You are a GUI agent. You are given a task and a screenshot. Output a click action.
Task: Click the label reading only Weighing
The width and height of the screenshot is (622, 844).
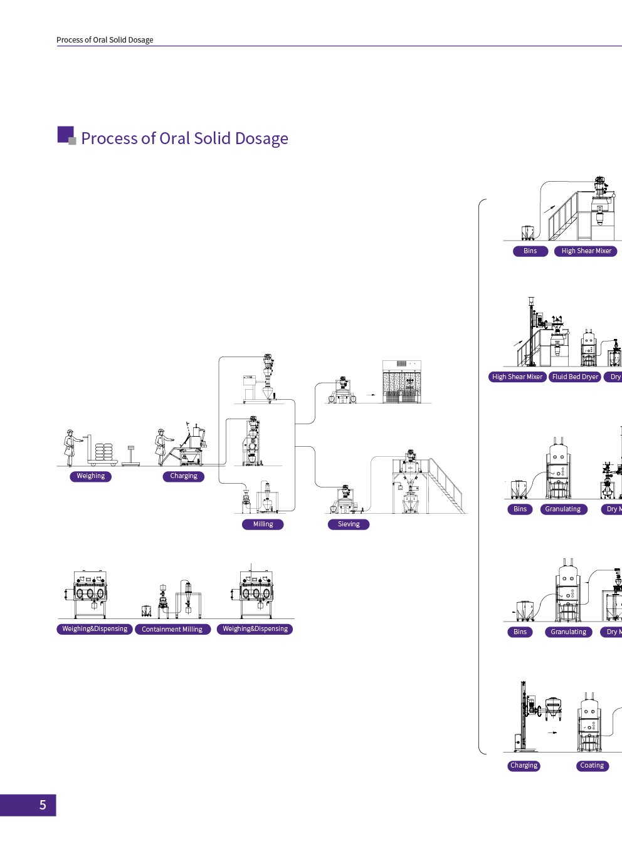tap(91, 476)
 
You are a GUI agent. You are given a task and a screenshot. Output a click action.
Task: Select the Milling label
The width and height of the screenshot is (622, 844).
tap(263, 524)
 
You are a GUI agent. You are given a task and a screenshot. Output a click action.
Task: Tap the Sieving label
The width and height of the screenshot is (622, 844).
tap(349, 524)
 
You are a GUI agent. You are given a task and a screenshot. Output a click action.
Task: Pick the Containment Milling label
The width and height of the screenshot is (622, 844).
tap(172, 630)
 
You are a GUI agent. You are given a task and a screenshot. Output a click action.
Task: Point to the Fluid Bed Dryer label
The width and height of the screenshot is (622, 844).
tap(575, 377)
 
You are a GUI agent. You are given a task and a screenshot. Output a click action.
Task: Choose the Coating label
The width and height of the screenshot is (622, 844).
tap(592, 766)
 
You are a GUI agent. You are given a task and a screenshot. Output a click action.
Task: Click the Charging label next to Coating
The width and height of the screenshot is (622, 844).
tap(524, 766)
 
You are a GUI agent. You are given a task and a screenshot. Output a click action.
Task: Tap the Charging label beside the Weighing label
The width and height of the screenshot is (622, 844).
tap(184, 476)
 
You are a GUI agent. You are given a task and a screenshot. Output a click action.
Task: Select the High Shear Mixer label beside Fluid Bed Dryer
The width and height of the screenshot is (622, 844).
tap(517, 377)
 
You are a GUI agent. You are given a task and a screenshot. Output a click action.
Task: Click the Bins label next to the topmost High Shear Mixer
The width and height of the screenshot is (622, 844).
tap(530, 251)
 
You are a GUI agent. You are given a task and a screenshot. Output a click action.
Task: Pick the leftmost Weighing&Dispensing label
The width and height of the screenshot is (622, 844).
tap(95, 629)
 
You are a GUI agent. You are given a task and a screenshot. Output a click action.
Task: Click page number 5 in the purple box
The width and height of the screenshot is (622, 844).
tap(43, 805)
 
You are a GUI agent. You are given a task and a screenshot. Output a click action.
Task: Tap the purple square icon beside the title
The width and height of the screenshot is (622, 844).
tap(66, 135)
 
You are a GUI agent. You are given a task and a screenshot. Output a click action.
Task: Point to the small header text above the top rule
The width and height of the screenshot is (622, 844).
tap(105, 40)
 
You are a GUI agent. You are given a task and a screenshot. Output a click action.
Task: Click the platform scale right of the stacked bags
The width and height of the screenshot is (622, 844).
tap(131, 457)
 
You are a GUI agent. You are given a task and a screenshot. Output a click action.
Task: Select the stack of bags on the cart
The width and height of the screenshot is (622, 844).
tap(104, 452)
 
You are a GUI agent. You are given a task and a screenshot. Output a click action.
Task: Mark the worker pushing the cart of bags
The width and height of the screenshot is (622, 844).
tap(70, 447)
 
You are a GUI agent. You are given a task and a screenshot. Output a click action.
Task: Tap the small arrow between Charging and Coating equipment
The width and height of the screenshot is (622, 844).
tap(552, 732)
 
